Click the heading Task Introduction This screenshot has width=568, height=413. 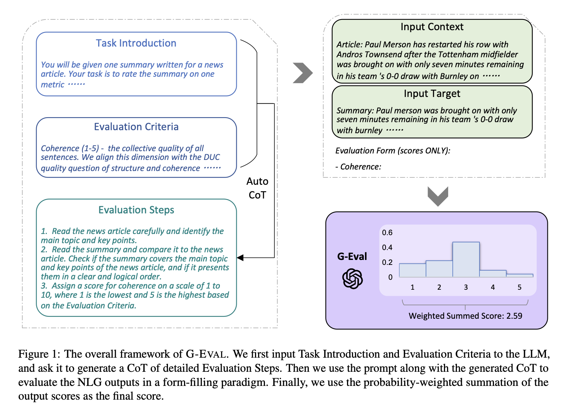(x=136, y=43)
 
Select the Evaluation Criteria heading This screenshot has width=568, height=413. (x=136, y=127)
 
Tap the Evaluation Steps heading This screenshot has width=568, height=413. (x=136, y=210)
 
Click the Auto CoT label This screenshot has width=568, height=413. (x=257, y=188)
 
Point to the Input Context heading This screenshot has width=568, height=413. (x=432, y=27)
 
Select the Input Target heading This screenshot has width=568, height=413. (x=432, y=94)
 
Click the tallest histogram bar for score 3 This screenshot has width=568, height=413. (x=466, y=260)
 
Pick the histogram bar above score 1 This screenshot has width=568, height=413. (x=412, y=270)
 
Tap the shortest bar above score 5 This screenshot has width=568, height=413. (x=520, y=276)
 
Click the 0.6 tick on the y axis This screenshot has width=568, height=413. (x=387, y=232)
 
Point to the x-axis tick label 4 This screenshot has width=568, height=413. (x=492, y=287)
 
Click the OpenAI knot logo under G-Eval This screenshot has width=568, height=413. (x=352, y=279)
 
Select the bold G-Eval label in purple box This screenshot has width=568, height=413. (x=352, y=257)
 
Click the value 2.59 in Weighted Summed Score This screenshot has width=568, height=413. (x=514, y=316)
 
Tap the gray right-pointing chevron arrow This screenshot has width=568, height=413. (x=303, y=73)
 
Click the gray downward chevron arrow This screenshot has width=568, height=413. (x=438, y=196)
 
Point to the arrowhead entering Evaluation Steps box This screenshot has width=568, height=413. (x=240, y=258)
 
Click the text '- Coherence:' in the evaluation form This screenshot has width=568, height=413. (x=358, y=167)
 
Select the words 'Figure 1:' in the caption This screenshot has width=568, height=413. (x=39, y=354)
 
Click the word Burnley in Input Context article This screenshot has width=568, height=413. (x=454, y=76)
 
